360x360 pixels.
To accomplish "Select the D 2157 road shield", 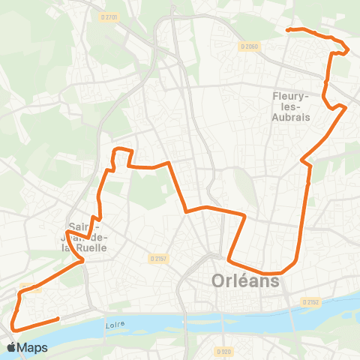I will (156, 256).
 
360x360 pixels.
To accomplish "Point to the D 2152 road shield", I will (311, 301).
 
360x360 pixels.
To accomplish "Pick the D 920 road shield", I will (223, 350).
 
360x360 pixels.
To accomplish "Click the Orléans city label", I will (241, 282).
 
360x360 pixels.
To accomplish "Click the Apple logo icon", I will (12, 347).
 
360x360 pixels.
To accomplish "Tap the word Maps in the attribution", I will (33, 347).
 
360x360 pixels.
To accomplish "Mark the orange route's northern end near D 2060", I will (287, 30).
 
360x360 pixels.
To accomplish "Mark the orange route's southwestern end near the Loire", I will (58, 319).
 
